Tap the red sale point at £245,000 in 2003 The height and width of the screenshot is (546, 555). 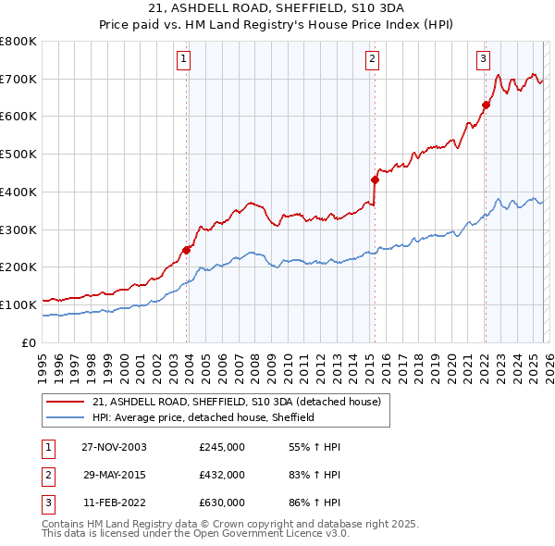click(x=187, y=249)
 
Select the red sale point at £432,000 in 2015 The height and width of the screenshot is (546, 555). click(x=375, y=179)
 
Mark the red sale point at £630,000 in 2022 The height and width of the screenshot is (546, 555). click(x=485, y=104)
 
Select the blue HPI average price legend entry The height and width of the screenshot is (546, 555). click(x=203, y=417)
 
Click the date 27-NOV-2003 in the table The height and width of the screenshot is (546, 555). click(x=114, y=447)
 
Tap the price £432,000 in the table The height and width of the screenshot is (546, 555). click(x=222, y=475)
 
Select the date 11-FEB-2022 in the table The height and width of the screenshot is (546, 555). click(x=114, y=503)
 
